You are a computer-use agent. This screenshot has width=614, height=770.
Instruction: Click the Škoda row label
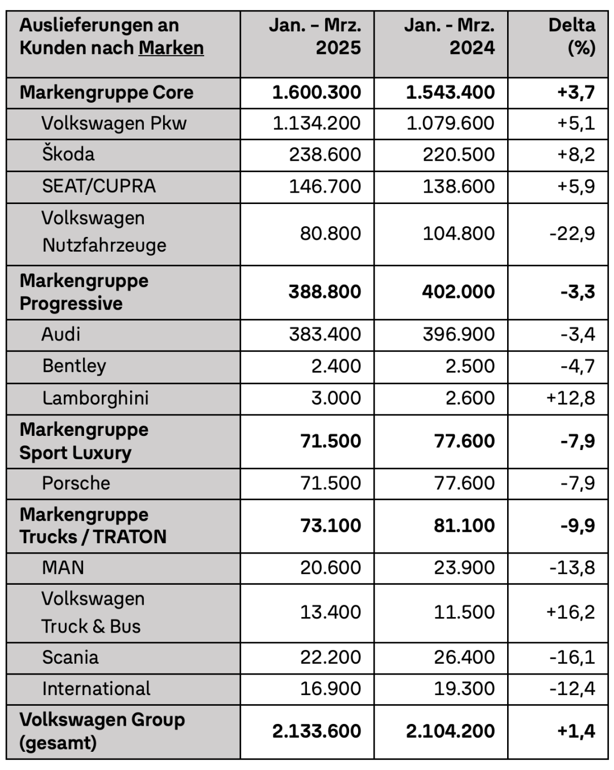point(68,154)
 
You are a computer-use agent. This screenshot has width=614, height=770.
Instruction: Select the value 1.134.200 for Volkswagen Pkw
point(316,123)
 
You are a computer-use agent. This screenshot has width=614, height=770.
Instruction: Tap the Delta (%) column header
point(571,36)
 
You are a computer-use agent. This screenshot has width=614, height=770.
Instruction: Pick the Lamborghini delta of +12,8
point(570,398)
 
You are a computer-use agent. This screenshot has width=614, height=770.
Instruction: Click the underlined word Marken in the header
point(171,48)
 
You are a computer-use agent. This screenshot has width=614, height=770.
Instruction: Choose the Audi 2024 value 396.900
point(458,334)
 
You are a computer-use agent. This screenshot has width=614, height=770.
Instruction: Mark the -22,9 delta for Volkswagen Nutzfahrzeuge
point(572,234)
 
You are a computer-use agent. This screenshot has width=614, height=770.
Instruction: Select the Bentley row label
point(74,366)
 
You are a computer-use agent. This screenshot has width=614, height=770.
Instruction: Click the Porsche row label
point(76,483)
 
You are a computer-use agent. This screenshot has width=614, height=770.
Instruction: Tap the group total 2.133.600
point(316,731)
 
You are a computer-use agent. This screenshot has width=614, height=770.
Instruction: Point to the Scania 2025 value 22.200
point(330,657)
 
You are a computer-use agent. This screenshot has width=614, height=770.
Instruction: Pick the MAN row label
point(63,567)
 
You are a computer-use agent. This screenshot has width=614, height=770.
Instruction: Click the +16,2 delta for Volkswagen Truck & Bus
point(570,612)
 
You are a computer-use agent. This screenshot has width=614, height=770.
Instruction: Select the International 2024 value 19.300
point(464,689)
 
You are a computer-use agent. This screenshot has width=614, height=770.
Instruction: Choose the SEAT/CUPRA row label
point(99,186)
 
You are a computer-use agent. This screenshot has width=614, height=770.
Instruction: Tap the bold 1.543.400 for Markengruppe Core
point(450,92)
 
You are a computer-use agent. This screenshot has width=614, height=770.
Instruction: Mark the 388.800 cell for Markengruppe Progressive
point(324,292)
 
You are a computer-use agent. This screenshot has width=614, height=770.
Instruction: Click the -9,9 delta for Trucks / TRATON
point(578,525)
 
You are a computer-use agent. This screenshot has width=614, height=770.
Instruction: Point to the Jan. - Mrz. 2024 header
point(449,36)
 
